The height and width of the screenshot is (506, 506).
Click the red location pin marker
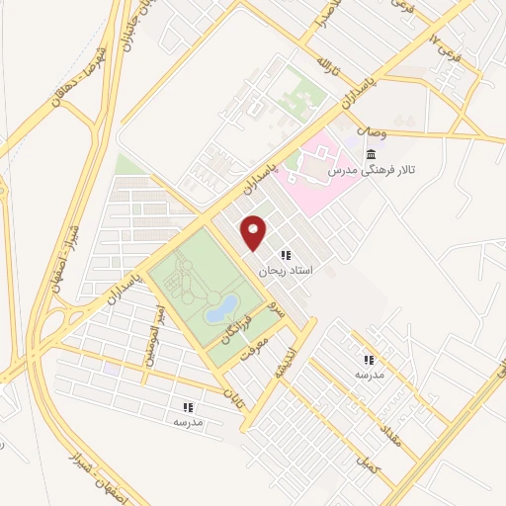pyautogui.click(x=254, y=231)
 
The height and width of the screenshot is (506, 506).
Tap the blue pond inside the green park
pyautogui.click(x=220, y=306)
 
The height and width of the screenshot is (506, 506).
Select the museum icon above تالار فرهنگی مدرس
pyautogui.click(x=371, y=154)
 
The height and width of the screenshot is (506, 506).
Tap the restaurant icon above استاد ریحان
pyautogui.click(x=286, y=255)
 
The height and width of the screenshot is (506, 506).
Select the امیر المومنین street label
pyautogui.click(x=155, y=337)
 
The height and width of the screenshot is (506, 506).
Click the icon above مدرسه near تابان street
pyautogui.click(x=187, y=406)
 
